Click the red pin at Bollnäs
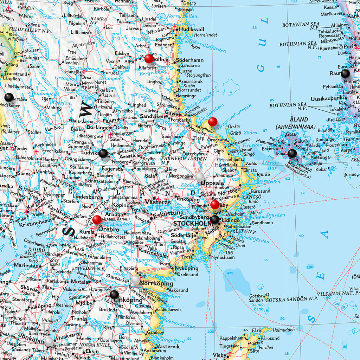click(149, 58)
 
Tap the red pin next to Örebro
click(97, 220)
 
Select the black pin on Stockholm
click(214, 220)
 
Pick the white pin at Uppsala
click(200, 176)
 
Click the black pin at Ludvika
click(103, 153)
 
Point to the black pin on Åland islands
click(292, 153)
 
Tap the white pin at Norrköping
click(136, 279)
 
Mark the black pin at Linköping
click(114, 294)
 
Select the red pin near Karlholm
click(212, 122)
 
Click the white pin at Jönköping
click(49, 341)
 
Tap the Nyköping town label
click(184, 268)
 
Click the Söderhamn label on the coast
click(189, 60)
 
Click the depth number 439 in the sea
click(230, 273)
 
